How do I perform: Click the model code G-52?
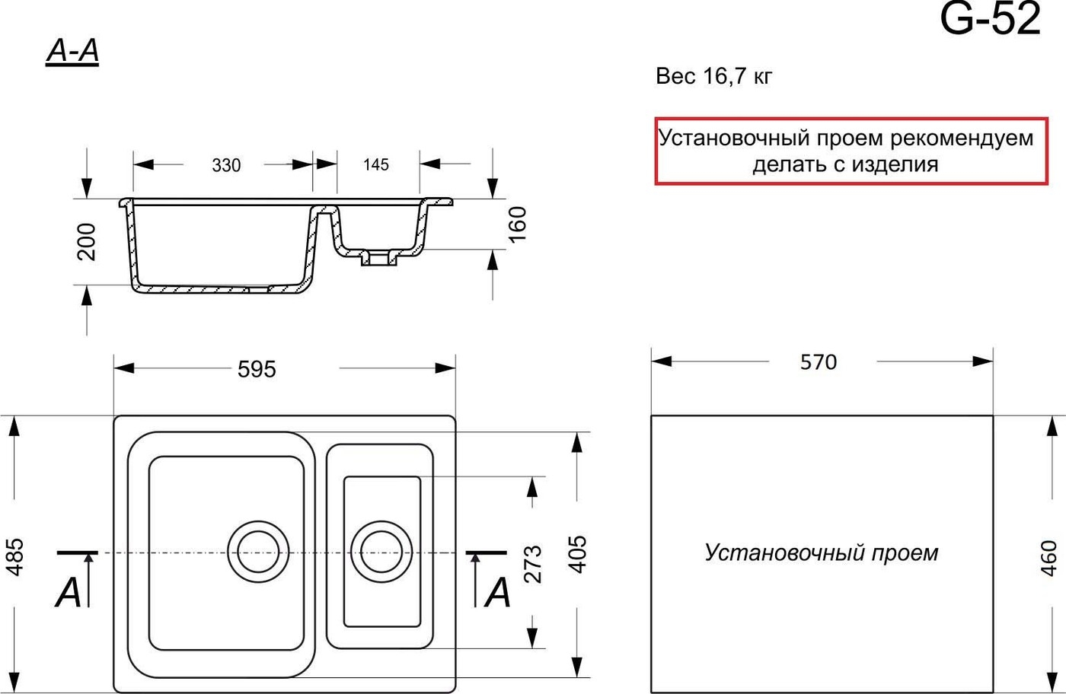(x=990, y=21)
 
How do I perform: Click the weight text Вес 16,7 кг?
(x=713, y=76)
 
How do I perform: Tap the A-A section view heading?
(x=72, y=53)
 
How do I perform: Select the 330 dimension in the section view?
(x=226, y=165)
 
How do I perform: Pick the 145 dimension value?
(x=376, y=164)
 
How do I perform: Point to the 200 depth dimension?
(x=88, y=241)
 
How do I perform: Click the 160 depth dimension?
(x=517, y=224)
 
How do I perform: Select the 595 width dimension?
(x=257, y=369)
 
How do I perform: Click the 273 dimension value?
(x=533, y=563)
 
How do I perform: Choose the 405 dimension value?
(x=578, y=554)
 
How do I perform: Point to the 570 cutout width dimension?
(x=819, y=362)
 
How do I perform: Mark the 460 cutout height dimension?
(x=1048, y=558)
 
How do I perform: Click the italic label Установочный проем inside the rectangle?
(x=822, y=552)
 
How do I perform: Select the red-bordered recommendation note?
(x=851, y=151)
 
